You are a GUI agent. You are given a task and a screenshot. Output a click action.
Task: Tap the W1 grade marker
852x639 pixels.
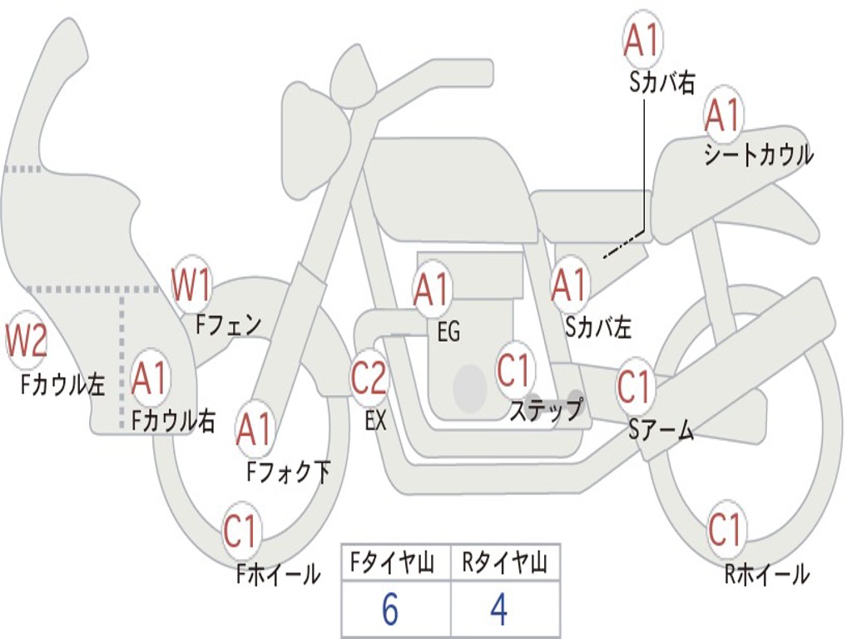pyautogui.click(x=191, y=284)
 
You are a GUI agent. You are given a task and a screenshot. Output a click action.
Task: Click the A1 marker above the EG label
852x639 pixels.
pyautogui.click(x=432, y=289)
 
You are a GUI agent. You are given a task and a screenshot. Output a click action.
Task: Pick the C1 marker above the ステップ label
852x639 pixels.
pyautogui.click(x=514, y=370)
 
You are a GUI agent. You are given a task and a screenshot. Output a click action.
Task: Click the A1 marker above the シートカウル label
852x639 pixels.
pyautogui.click(x=723, y=115)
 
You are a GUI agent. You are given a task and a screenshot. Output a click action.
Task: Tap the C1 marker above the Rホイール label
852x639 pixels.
pyautogui.click(x=726, y=528)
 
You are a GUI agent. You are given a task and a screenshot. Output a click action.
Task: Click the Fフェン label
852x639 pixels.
pyautogui.click(x=229, y=325)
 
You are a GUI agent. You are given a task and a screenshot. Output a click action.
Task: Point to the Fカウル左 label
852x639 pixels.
pyautogui.click(x=62, y=384)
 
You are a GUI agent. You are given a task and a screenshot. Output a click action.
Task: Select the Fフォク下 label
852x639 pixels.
pyautogui.click(x=289, y=471)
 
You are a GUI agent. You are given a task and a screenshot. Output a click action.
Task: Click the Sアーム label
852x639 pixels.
pyautogui.click(x=661, y=430)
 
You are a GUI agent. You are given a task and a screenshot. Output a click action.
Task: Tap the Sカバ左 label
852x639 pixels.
pyautogui.click(x=597, y=327)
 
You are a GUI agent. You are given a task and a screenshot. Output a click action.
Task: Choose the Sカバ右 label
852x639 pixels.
pyautogui.click(x=662, y=82)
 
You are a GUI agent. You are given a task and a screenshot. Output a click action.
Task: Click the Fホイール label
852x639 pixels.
pyautogui.click(x=279, y=574)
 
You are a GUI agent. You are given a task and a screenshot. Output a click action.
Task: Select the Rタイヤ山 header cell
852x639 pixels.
pyautogui.click(x=505, y=562)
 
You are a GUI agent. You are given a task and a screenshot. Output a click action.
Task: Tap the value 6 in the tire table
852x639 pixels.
pyautogui.click(x=390, y=609)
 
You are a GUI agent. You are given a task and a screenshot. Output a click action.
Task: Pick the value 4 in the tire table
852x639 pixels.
pyautogui.click(x=499, y=609)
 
